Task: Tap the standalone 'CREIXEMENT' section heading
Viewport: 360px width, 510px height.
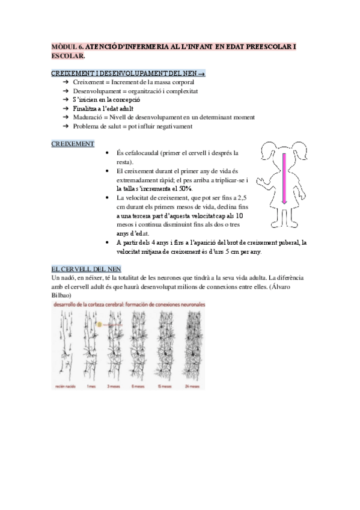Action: (x=73, y=144)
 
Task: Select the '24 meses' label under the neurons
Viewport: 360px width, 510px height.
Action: (x=193, y=387)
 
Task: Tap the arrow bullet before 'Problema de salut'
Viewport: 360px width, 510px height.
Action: (x=66, y=126)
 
